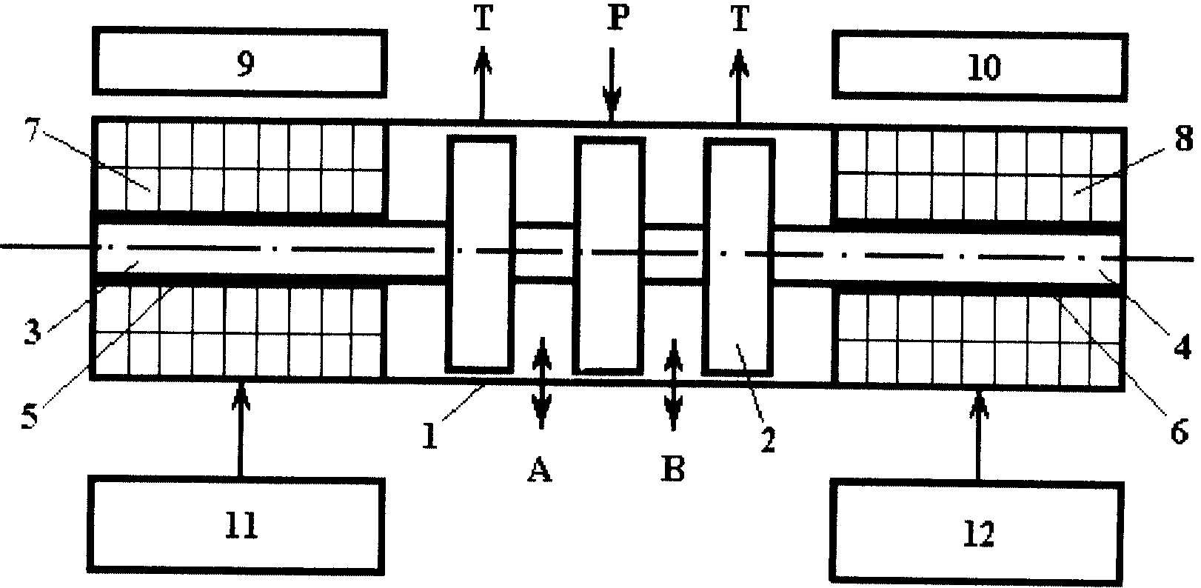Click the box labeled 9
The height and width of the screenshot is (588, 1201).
click(x=240, y=63)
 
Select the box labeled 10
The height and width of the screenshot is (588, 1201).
click(x=980, y=67)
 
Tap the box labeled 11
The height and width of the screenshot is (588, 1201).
click(x=236, y=525)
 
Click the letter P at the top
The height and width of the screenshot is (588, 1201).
click(x=618, y=21)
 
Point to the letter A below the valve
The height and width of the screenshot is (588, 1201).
click(x=540, y=470)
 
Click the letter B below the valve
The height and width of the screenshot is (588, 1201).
click(x=673, y=469)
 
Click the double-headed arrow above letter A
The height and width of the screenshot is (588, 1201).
click(x=542, y=383)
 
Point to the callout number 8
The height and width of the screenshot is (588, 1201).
click(x=1184, y=138)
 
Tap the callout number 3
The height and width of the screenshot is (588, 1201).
click(x=33, y=332)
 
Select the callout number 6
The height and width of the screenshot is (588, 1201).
click(x=1179, y=432)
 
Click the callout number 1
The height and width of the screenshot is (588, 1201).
click(x=430, y=435)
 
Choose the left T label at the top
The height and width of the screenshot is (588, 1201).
click(x=483, y=19)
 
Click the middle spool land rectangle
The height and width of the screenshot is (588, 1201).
click(x=609, y=255)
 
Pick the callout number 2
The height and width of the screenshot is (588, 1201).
click(x=768, y=441)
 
